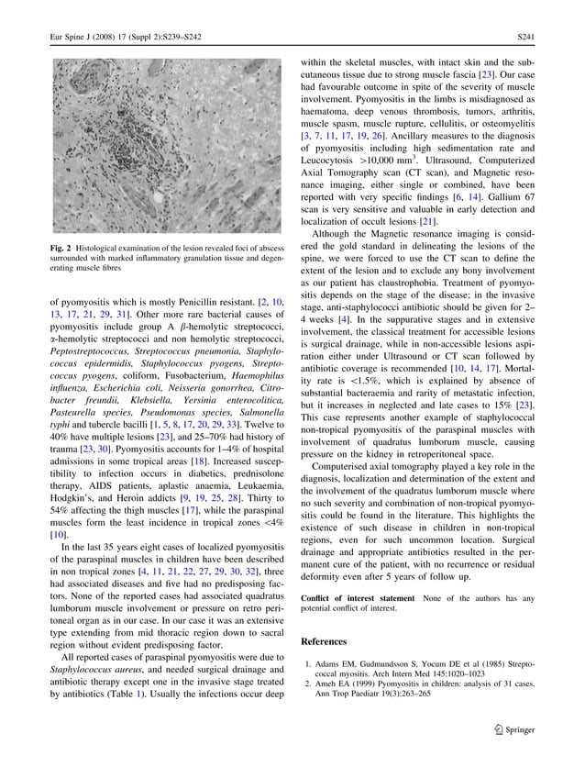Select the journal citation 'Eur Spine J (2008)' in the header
(x=87, y=38)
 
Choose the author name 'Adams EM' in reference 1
(x=337, y=663)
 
